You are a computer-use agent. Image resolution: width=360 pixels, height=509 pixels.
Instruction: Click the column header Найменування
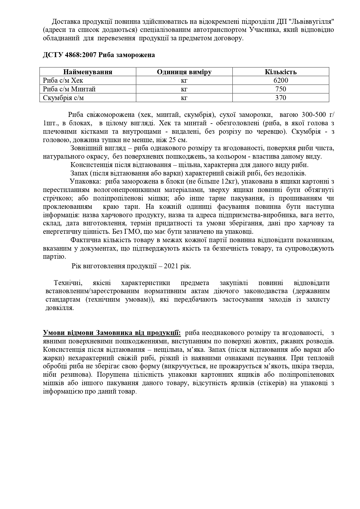tap(88, 72)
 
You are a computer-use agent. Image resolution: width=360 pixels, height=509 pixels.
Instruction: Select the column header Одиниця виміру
tap(184, 72)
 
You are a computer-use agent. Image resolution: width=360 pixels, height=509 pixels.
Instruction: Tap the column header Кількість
tap(281, 72)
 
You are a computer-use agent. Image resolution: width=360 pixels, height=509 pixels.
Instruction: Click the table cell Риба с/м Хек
tap(63, 81)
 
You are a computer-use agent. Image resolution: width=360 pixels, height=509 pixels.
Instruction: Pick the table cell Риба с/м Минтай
tap(69, 89)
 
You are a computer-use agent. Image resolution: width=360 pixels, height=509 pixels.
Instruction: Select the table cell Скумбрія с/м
tap(63, 98)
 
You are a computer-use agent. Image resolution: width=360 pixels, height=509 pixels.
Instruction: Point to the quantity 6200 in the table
tap(281, 81)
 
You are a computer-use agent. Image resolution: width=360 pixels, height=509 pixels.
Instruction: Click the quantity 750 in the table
tap(281, 89)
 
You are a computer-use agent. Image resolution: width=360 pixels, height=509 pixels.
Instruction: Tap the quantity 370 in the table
tap(281, 98)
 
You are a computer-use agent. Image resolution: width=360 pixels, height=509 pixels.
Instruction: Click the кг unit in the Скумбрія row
tap(184, 98)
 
